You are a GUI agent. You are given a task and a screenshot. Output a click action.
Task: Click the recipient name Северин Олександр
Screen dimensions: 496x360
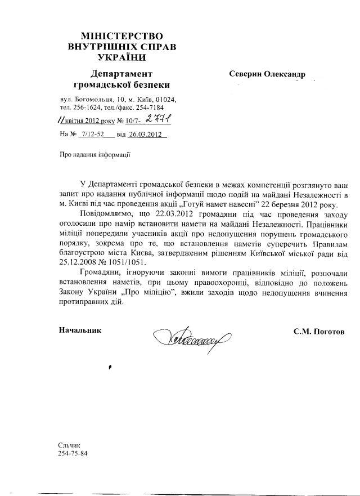pyautogui.click(x=267, y=74)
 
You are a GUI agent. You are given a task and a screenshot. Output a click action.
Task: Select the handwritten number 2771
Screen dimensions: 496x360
pyautogui.click(x=159, y=120)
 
